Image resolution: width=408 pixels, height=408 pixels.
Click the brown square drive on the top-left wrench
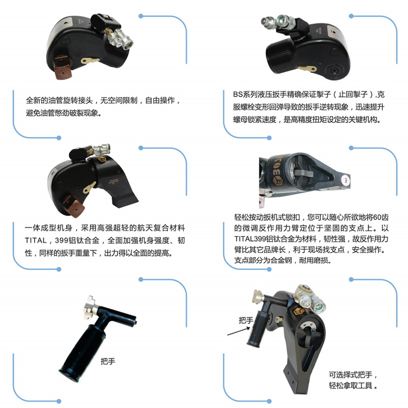[62, 67]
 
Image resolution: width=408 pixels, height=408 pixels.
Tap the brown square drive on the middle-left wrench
[74, 206]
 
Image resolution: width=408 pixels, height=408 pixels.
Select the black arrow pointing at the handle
[239, 331]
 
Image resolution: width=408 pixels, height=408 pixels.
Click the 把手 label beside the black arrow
[246, 320]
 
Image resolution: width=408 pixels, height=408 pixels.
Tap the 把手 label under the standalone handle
[108, 361]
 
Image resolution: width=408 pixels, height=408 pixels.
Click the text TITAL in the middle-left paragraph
[36, 240]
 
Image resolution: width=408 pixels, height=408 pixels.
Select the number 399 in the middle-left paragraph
[61, 240]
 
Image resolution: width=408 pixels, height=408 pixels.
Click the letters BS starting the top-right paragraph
[238, 94]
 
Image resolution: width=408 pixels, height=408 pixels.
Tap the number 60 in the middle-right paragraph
[378, 217]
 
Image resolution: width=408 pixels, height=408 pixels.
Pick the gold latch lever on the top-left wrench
[90, 61]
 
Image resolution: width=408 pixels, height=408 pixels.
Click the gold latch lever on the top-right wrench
[308, 69]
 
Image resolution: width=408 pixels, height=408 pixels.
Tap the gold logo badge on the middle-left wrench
[102, 159]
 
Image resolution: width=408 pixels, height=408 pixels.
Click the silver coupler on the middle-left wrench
[101, 149]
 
